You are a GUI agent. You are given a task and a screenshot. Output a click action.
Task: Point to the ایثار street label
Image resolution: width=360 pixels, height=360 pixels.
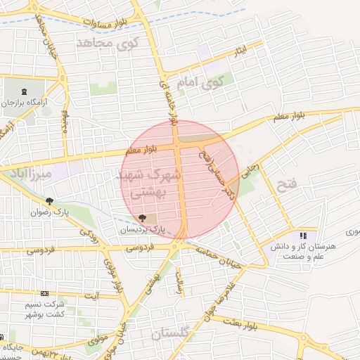coord(240,51)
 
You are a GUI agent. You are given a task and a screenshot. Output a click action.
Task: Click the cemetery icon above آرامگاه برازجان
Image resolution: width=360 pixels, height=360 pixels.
coord(26,91)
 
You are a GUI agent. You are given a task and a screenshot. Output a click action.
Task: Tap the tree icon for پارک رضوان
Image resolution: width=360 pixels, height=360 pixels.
coord(49,202)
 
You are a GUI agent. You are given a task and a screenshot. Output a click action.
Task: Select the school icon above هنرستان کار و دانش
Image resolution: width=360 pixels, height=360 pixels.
coord(304,236)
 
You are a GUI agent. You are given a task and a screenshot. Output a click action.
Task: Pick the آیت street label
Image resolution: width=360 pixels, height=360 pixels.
coord(91,295)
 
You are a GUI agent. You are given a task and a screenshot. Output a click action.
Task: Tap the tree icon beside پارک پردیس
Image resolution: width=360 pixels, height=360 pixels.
coord(143,218)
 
